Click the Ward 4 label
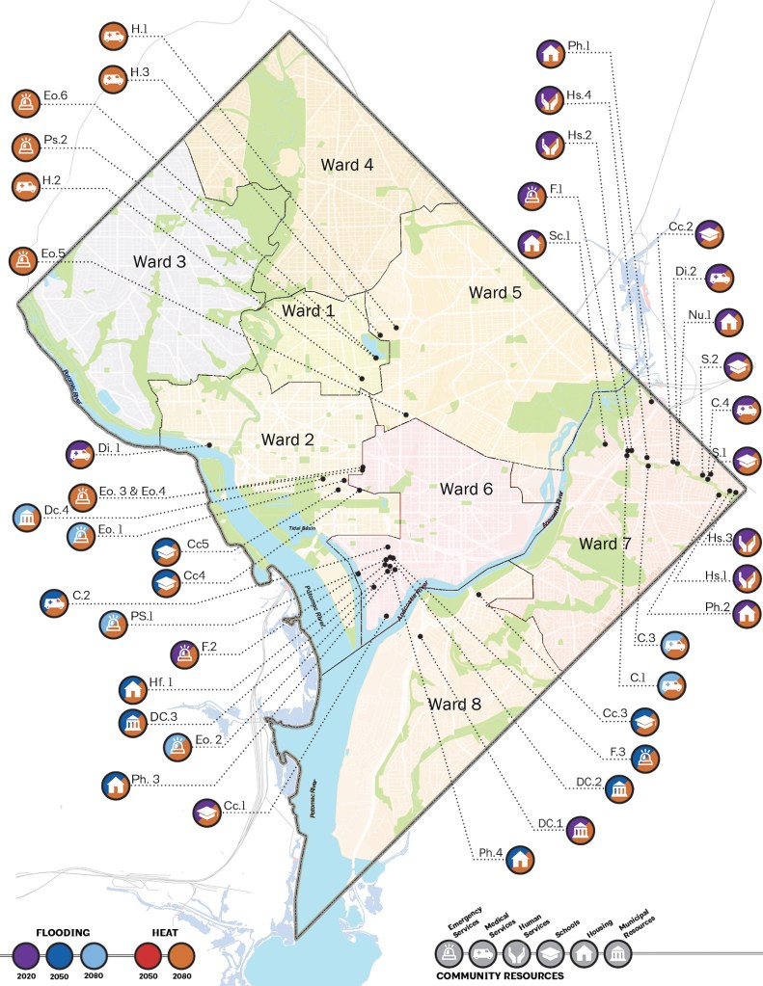tap(347, 165)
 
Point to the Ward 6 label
tap(467, 489)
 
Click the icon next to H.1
tap(113, 37)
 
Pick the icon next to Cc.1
tap(207, 813)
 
